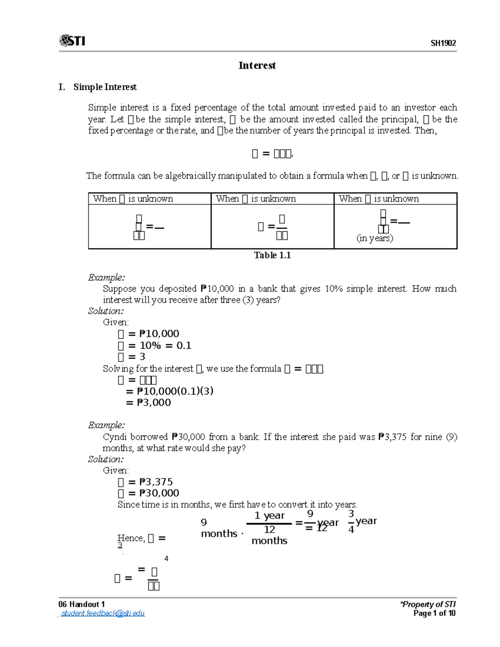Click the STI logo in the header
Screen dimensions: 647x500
72,40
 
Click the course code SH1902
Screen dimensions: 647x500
443,43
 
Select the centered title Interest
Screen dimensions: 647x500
257,65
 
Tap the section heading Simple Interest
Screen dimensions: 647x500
105,87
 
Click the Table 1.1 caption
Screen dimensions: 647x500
272,255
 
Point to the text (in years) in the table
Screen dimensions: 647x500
375,238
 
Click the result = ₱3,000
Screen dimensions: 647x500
148,402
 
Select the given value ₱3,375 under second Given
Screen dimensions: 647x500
156,482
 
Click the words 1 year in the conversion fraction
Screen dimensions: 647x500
269,516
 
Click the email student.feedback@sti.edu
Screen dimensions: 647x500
102,613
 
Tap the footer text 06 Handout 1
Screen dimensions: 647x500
82,604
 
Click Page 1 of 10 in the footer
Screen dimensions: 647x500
434,613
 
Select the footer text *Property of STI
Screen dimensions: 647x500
428,604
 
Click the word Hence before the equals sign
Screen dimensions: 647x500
130,538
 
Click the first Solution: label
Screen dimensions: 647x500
106,311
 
